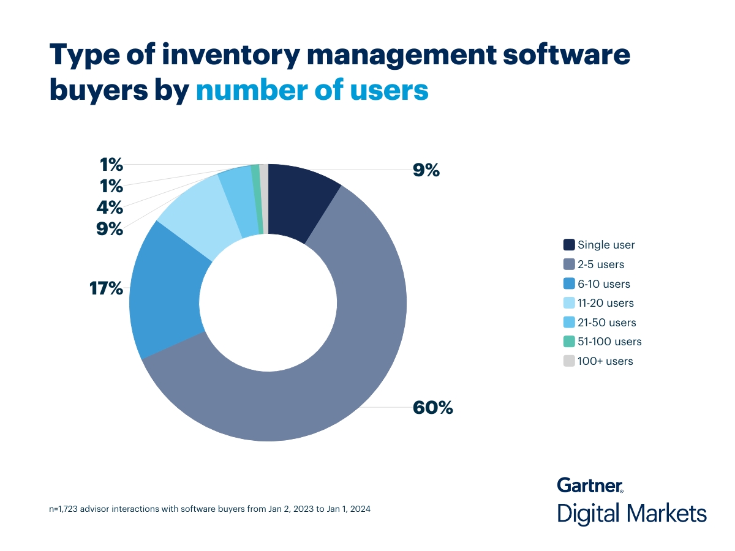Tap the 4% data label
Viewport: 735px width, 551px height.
[110, 207]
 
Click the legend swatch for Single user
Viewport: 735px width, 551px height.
[568, 245]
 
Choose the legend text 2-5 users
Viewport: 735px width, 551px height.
[601, 264]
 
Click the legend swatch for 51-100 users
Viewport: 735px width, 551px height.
[568, 342]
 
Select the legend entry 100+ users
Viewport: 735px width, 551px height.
[605, 361]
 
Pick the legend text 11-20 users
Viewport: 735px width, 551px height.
[605, 303]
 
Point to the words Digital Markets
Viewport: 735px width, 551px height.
[631, 513]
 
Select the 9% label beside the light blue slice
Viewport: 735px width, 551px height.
[110, 230]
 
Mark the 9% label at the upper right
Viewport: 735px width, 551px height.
[426, 170]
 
